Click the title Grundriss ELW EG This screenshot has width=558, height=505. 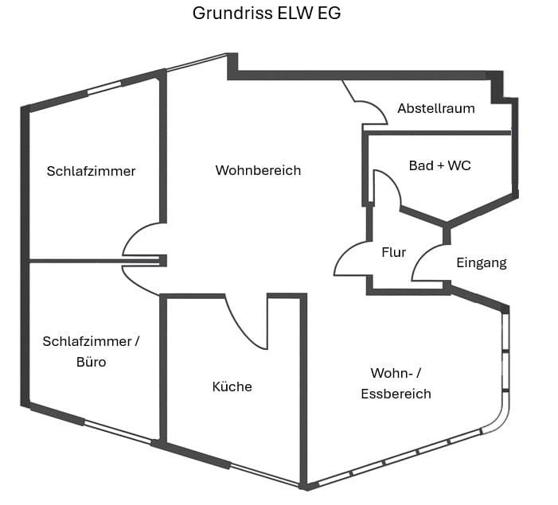[267, 14]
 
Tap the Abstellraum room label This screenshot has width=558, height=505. [435, 108]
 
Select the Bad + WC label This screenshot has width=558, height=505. [439, 165]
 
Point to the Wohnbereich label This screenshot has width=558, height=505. [258, 170]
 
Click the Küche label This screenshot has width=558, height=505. [232, 387]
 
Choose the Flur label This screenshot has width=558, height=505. [393, 252]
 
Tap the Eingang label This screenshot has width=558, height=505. [481, 262]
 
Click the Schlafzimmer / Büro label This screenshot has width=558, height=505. [91, 352]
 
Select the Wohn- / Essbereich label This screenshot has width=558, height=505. [396, 383]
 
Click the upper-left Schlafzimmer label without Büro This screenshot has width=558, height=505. [91, 171]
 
